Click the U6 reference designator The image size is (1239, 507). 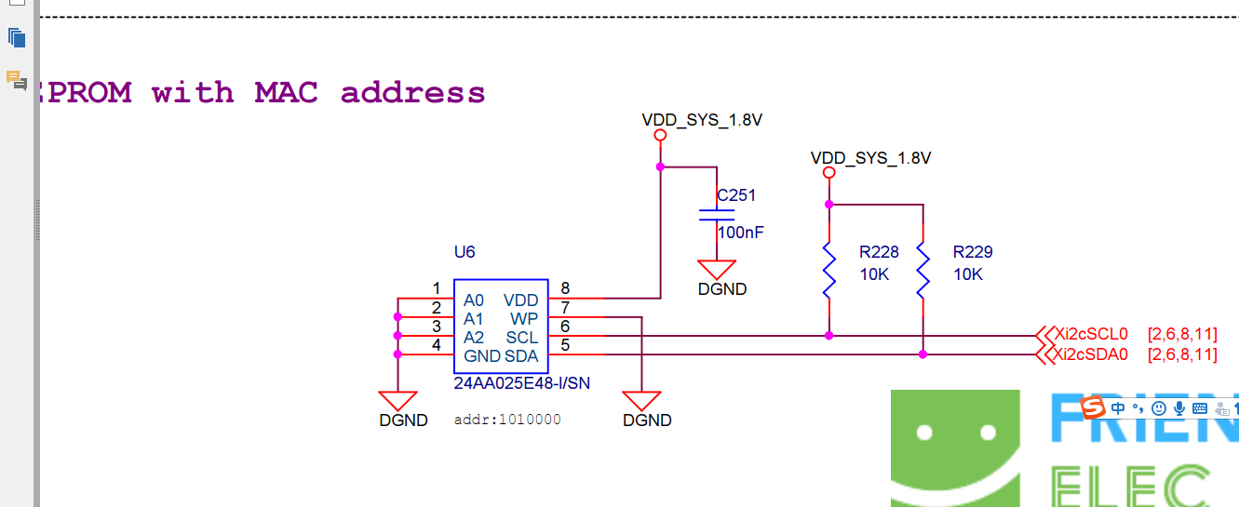tap(465, 251)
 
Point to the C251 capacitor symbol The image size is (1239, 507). tap(717, 216)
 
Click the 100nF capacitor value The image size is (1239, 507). tap(740, 233)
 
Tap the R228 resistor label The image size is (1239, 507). tap(879, 252)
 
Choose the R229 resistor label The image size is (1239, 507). tap(973, 252)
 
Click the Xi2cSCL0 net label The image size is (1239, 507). tap(1091, 334)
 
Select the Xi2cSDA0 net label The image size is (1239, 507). tap(1092, 354)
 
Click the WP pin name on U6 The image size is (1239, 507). tap(524, 319)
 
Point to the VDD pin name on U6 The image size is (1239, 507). tap(521, 300)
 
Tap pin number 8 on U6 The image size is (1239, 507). tap(565, 288)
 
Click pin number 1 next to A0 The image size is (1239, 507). tap(437, 288)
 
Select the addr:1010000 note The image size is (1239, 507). tap(507, 420)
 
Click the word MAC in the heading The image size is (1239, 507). tap(286, 92)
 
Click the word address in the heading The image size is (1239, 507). tap(412, 92)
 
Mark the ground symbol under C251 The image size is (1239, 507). tap(717, 271)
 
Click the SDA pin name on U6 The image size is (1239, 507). tap(521, 356)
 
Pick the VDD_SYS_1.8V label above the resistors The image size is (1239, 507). tap(870, 158)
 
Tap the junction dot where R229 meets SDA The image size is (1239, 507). tap(923, 354)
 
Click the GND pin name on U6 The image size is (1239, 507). tap(481, 356)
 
